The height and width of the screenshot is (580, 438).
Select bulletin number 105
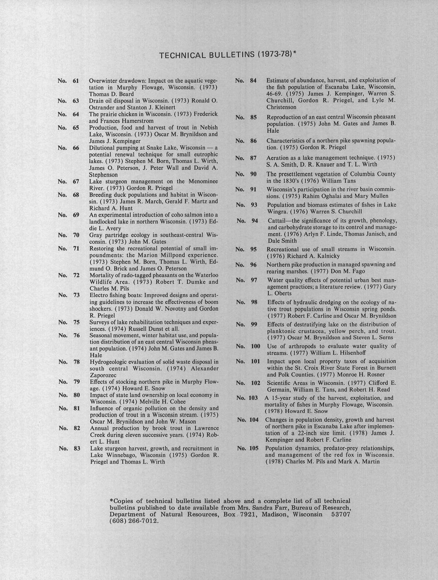[254, 448]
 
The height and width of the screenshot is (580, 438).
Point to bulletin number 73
[76, 295]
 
